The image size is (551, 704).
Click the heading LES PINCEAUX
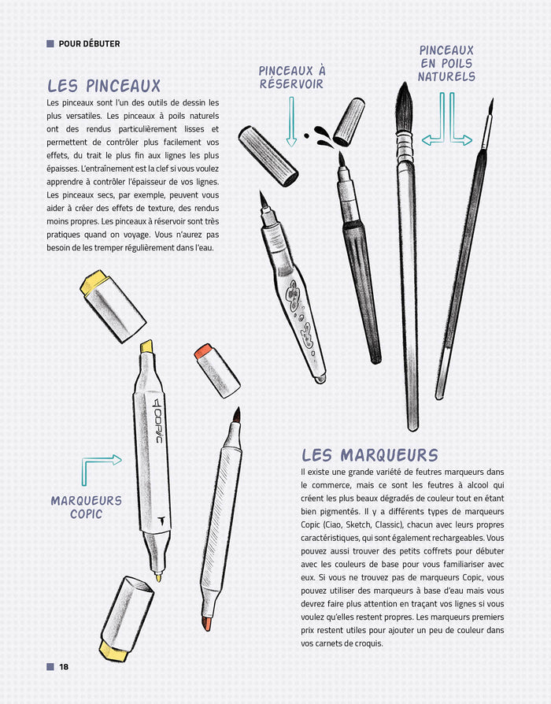[103, 85]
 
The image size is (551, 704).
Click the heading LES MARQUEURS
[369, 455]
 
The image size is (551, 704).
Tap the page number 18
[64, 667]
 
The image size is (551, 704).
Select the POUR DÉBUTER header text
[89, 44]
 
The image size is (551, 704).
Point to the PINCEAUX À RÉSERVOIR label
[291, 77]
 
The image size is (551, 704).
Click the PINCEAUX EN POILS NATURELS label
[446, 64]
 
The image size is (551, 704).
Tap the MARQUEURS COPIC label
[86, 507]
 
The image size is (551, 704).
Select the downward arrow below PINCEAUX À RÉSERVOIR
[291, 123]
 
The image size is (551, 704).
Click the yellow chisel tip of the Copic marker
[146, 346]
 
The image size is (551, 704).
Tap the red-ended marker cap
[216, 369]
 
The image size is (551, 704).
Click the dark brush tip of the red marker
[236, 415]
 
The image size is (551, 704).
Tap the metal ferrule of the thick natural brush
[405, 145]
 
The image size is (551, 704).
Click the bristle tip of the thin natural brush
[490, 109]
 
